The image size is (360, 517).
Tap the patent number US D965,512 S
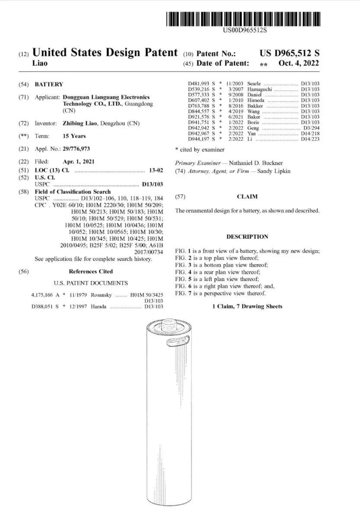[x=289, y=54]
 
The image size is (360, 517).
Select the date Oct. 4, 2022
[x=299, y=63]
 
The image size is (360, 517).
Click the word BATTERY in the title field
[x=49, y=84]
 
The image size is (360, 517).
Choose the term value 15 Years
[x=74, y=136]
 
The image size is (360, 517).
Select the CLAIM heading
[x=247, y=197]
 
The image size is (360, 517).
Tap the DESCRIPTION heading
[x=247, y=237]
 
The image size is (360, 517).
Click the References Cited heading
[x=91, y=271]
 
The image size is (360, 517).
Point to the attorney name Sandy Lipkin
[x=274, y=171]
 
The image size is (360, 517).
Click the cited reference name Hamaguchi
[x=259, y=89]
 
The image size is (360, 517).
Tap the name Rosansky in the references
[x=102, y=295]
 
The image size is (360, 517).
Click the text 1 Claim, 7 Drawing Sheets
[x=247, y=307]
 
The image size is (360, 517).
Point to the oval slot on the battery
[x=177, y=343]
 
